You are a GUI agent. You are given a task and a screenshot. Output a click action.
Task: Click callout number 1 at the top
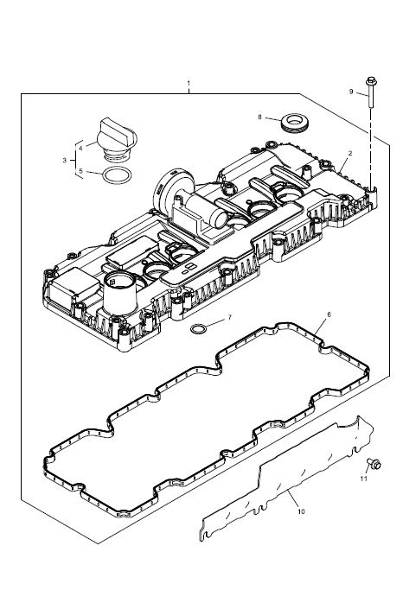pos(189,83)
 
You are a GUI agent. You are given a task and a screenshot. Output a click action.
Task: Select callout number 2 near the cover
pos(350,154)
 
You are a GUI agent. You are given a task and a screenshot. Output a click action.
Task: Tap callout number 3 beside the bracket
pos(65,160)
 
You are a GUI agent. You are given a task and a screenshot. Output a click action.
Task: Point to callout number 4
pos(80,148)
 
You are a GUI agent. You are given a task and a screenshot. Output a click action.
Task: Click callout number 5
pos(80,171)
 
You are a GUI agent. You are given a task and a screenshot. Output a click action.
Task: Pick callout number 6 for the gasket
pos(329,314)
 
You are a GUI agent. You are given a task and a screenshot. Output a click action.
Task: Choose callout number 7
pos(229,317)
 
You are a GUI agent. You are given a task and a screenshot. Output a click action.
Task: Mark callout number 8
pos(259,117)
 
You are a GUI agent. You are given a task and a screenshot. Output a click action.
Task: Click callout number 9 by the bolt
pos(351,92)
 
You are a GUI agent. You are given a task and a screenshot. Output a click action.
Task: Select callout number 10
pos(301,511)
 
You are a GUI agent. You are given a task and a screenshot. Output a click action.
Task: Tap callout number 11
pos(363,479)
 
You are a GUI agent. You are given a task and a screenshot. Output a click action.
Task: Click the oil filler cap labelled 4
pos(117,140)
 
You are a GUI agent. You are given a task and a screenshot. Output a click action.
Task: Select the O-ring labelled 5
pos(117,175)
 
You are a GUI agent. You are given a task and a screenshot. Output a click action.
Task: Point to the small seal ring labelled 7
pos(198,328)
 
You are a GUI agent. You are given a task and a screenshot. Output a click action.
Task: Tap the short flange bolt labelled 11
pos(374,463)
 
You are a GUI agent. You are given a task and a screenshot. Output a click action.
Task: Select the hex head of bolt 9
pos(370,81)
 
